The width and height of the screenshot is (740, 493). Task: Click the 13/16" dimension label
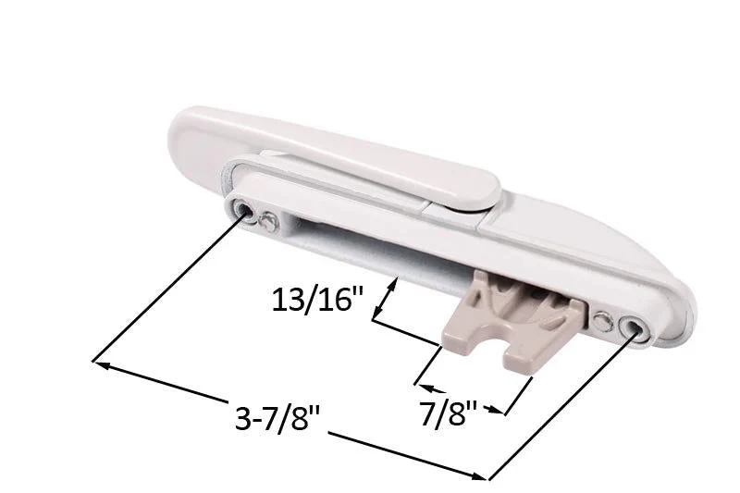click(x=317, y=299)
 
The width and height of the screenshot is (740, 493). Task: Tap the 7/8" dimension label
click(x=448, y=413)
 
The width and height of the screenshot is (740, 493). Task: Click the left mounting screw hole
click(x=245, y=209)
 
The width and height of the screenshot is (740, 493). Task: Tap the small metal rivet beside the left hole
click(x=267, y=221)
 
